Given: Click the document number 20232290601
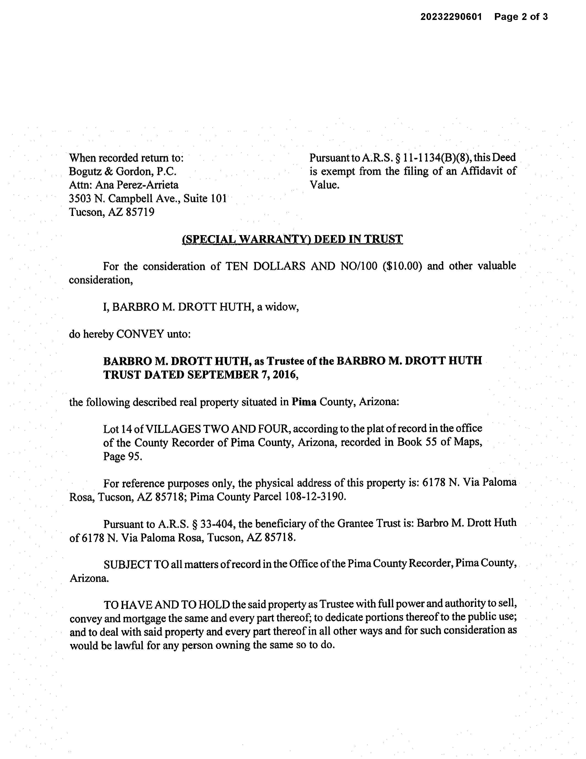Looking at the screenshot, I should tap(451, 17).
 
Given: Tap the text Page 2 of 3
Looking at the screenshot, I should tap(521, 17).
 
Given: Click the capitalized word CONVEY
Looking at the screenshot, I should tap(140, 334).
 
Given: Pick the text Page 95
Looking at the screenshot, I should tap(122, 456).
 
